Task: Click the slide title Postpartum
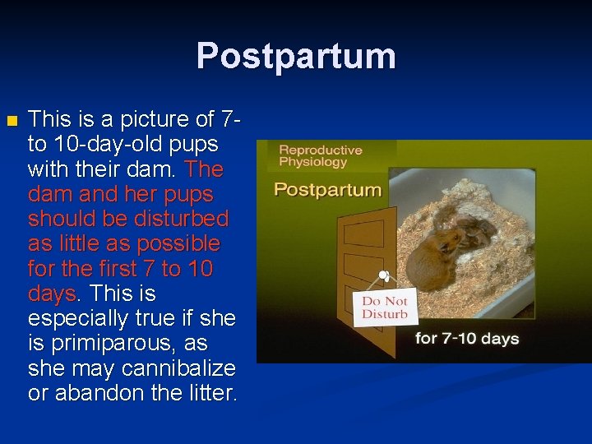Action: coord(296,56)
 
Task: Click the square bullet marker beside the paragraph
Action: coord(11,121)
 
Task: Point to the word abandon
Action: coord(88,392)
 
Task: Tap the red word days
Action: coord(50,294)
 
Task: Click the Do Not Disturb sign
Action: coord(385,308)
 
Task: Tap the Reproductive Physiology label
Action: coord(321,156)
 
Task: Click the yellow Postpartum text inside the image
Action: coord(328,190)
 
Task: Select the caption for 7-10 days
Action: coord(467,338)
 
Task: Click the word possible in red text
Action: coord(181,244)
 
